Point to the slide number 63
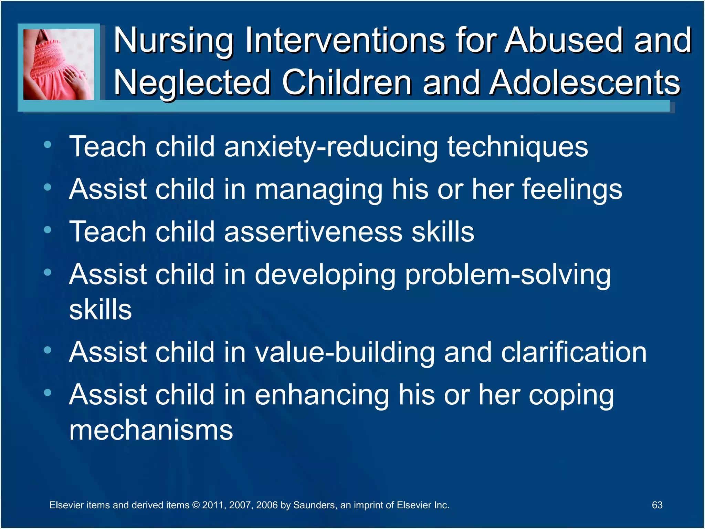click(x=657, y=505)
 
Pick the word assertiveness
click(x=313, y=232)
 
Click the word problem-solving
click(x=507, y=275)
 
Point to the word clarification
click(x=574, y=352)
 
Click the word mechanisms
click(x=151, y=430)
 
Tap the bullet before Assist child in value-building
click(x=48, y=350)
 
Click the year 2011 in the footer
click(x=213, y=505)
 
